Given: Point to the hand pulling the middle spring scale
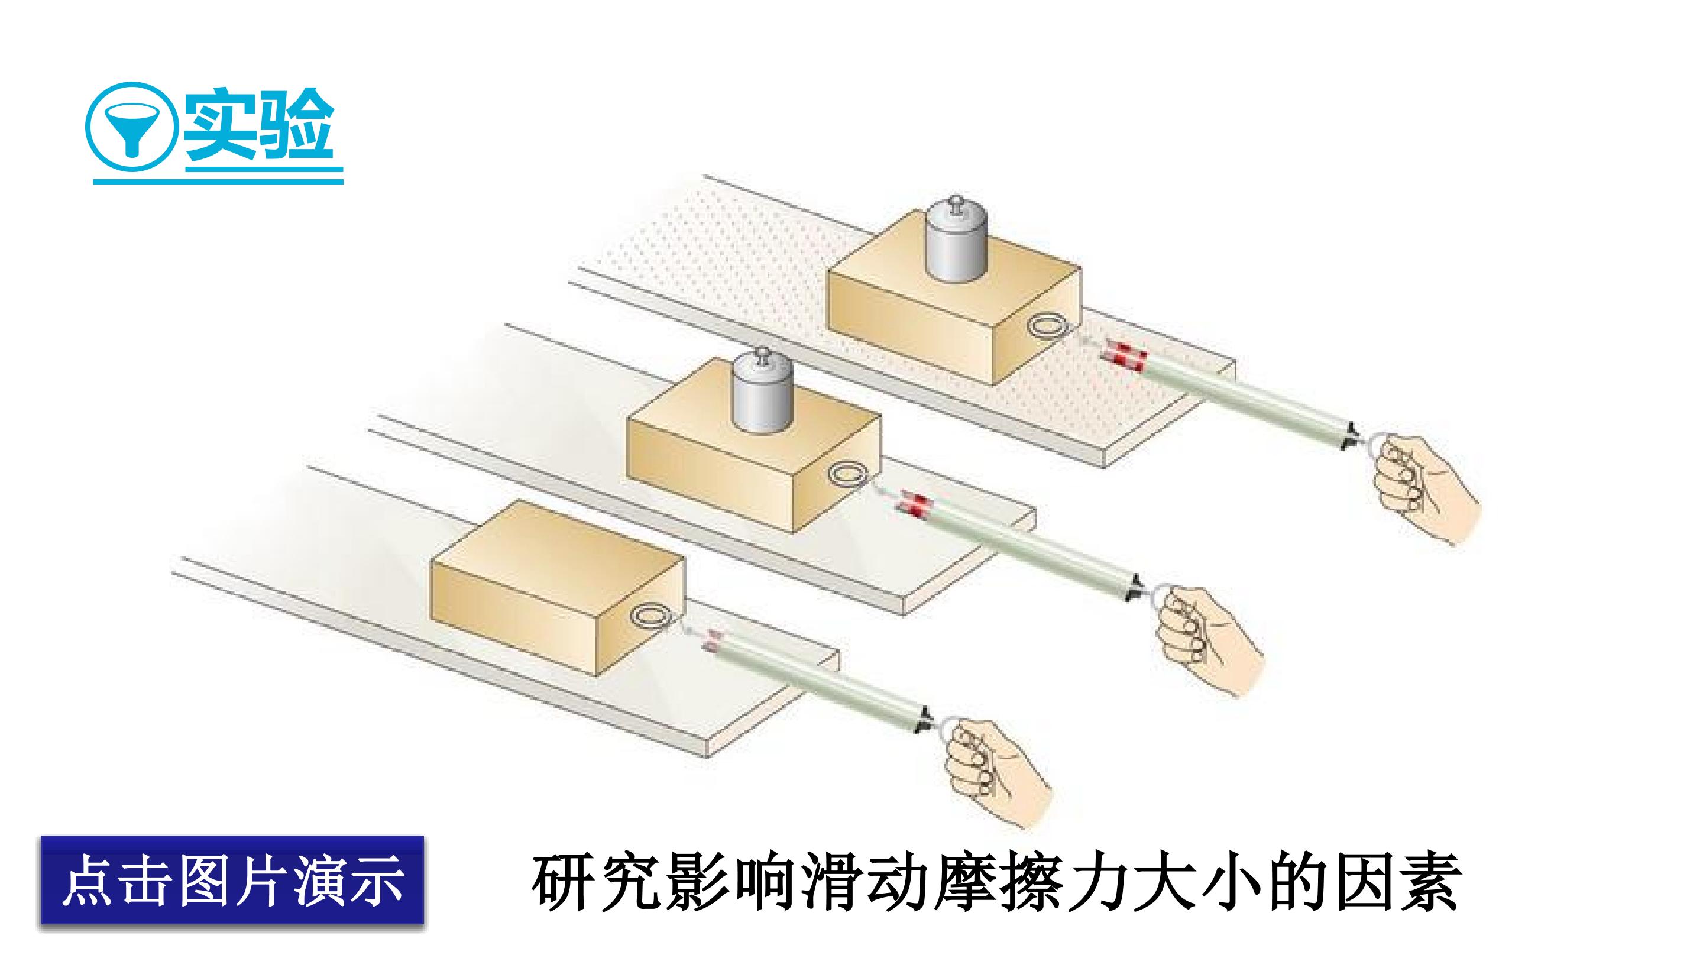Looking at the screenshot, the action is point(1209,639).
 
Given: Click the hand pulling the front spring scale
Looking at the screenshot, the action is point(997,776).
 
